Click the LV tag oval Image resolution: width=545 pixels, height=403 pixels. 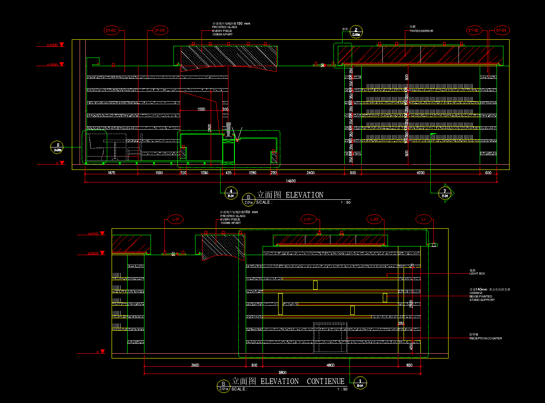coord(424,220)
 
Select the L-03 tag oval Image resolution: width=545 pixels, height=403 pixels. coord(375,220)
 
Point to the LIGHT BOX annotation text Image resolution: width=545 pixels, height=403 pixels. coord(477,274)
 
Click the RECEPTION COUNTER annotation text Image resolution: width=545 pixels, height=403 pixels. coord(486,338)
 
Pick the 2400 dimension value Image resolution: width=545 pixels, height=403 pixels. coord(310,173)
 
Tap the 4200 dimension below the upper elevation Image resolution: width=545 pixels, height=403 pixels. coord(420,173)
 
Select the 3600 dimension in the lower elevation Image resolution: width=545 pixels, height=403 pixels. coord(195,365)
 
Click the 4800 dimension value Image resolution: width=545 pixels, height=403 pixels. coord(330,365)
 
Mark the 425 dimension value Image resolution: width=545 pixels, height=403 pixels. coord(228,173)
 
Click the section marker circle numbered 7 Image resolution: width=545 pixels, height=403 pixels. coord(444,192)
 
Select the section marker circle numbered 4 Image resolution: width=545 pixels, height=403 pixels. coord(231,192)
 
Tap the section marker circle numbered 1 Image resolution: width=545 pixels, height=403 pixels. coord(360,382)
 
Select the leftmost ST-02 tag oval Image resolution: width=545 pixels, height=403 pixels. coord(111,31)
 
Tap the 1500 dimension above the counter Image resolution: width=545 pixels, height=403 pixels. coord(201,109)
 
